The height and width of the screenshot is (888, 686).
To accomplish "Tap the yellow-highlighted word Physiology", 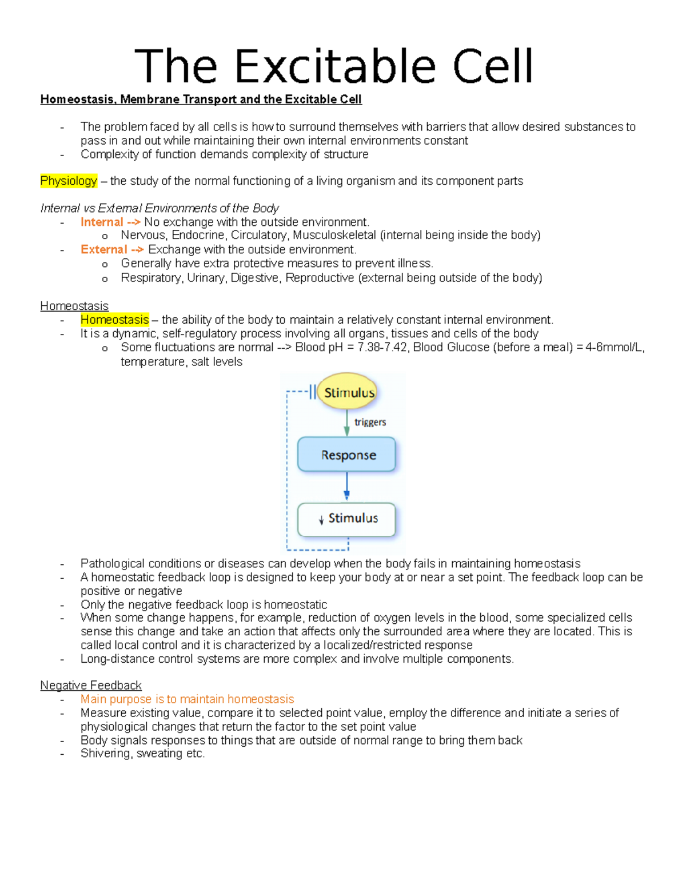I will click(x=69, y=181).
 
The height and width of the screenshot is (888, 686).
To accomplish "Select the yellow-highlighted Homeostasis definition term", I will click(x=114, y=320).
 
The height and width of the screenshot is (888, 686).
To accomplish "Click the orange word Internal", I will click(x=102, y=222).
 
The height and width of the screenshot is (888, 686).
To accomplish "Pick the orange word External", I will click(x=103, y=250).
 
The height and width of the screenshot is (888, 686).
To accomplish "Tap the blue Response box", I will click(x=347, y=455).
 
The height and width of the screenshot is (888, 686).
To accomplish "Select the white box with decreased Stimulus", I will click(x=347, y=519).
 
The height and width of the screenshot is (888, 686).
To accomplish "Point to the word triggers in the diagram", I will click(x=370, y=422).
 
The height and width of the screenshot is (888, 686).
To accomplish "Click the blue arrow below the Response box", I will click(x=346, y=486).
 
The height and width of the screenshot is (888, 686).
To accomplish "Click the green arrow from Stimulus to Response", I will click(x=346, y=423).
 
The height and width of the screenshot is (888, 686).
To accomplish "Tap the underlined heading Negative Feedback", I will click(x=90, y=685).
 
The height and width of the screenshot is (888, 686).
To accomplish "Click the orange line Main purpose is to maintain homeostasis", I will click(x=187, y=699).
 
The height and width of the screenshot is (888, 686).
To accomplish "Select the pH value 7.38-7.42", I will click(x=382, y=348).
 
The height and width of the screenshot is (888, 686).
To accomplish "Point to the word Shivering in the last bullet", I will click(x=106, y=754).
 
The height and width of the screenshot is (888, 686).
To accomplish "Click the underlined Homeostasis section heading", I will click(x=74, y=306).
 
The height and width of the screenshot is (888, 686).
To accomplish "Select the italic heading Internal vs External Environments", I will click(x=159, y=208).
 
